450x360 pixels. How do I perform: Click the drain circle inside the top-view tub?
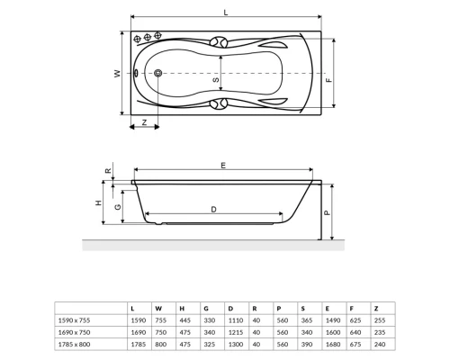click(159, 75)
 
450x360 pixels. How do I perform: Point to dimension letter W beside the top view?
click(117, 75)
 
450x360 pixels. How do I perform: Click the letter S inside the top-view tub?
click(216, 81)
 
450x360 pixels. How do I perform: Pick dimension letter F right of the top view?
click(329, 81)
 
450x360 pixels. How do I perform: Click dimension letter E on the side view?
click(222, 166)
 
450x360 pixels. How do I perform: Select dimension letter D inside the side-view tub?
click(213, 210)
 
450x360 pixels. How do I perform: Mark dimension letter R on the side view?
click(108, 170)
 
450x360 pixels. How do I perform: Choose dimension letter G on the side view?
click(119, 206)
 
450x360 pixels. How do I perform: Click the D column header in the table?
click(230, 307)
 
